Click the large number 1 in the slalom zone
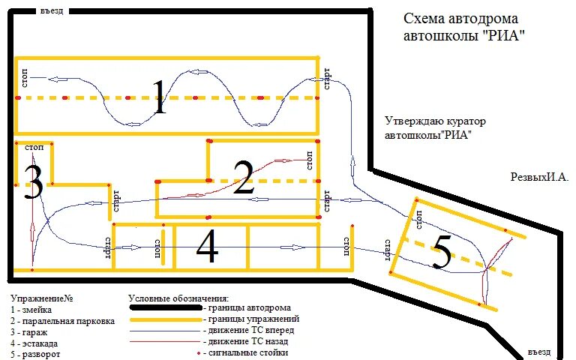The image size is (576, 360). click(x=158, y=97)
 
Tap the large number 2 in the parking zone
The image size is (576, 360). click(x=244, y=178)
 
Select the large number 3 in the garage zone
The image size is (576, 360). click(x=32, y=182)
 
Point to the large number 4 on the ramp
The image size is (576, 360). click(x=207, y=246)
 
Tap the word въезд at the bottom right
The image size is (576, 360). click(x=538, y=352)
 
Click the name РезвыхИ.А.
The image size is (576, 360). click(x=539, y=178)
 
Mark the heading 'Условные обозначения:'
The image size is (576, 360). click(x=178, y=298)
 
